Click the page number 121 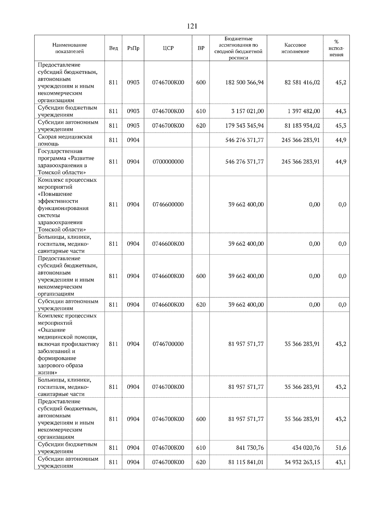(x=192, y=27)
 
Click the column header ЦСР (x=168, y=48)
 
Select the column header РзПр (x=133, y=48)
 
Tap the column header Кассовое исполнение (x=295, y=48)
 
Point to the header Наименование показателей (x=69, y=48)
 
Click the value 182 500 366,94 (x=244, y=83)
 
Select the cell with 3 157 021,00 (x=247, y=111)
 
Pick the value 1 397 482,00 (x=303, y=111)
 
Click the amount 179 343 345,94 (x=244, y=126)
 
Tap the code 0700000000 (x=168, y=162)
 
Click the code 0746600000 (x=168, y=204)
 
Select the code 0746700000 (x=168, y=344)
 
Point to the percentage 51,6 (x=341, y=448)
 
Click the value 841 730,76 (x=250, y=448)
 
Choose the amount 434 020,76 (x=306, y=448)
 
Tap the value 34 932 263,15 (x=302, y=462)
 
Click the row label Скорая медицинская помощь (x=65, y=140)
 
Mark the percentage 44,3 (x=341, y=111)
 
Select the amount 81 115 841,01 (x=246, y=462)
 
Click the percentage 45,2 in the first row (x=341, y=83)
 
